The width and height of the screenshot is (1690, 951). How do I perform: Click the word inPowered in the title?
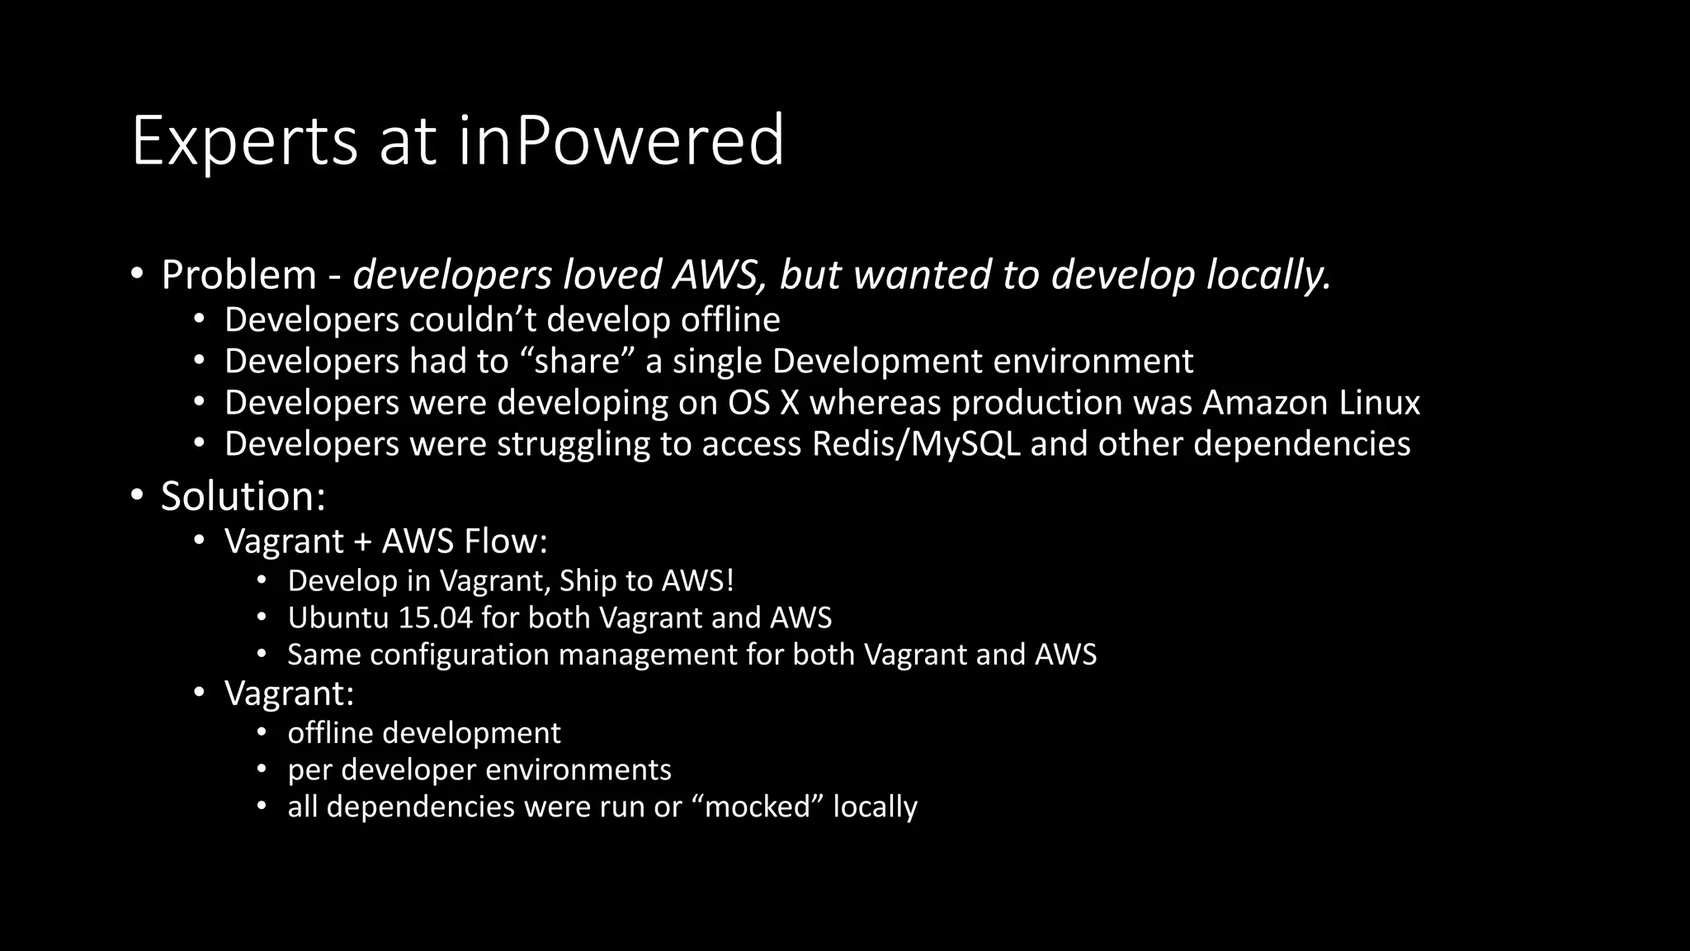point(621,140)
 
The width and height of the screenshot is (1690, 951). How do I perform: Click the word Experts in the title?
point(244,142)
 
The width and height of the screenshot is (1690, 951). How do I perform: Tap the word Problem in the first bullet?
point(238,275)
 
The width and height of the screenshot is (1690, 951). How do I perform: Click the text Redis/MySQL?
point(916,444)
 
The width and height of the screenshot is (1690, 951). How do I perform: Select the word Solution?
point(243,496)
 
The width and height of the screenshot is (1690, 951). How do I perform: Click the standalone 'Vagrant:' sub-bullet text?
point(289,693)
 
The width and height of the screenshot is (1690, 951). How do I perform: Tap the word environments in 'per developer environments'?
point(578,770)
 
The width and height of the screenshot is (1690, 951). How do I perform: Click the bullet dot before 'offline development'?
point(262,732)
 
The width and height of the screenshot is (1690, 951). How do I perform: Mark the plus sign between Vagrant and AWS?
point(362,542)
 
